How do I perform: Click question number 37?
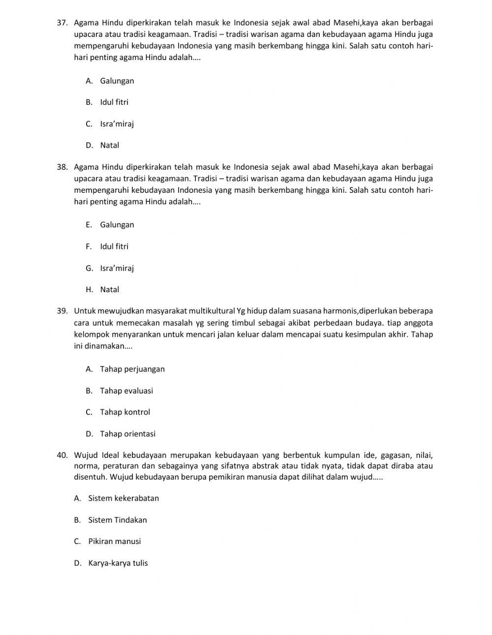(62, 23)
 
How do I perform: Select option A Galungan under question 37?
(117, 81)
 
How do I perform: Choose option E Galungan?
(117, 225)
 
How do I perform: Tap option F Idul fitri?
(114, 246)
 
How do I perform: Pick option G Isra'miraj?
(117, 268)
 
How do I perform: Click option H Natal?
(109, 290)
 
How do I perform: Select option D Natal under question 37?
(109, 145)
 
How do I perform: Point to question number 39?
(62, 311)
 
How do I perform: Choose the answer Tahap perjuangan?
(132, 369)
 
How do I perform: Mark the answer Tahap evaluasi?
(126, 391)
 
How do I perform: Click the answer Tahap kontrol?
(124, 412)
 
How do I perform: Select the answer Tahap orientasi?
(127, 434)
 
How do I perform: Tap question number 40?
(62, 455)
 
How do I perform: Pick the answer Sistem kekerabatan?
(123, 498)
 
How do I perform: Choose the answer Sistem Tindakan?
(117, 520)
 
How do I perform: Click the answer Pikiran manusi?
(114, 542)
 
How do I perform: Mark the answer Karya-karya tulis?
(118, 563)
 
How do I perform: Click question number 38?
(62, 167)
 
